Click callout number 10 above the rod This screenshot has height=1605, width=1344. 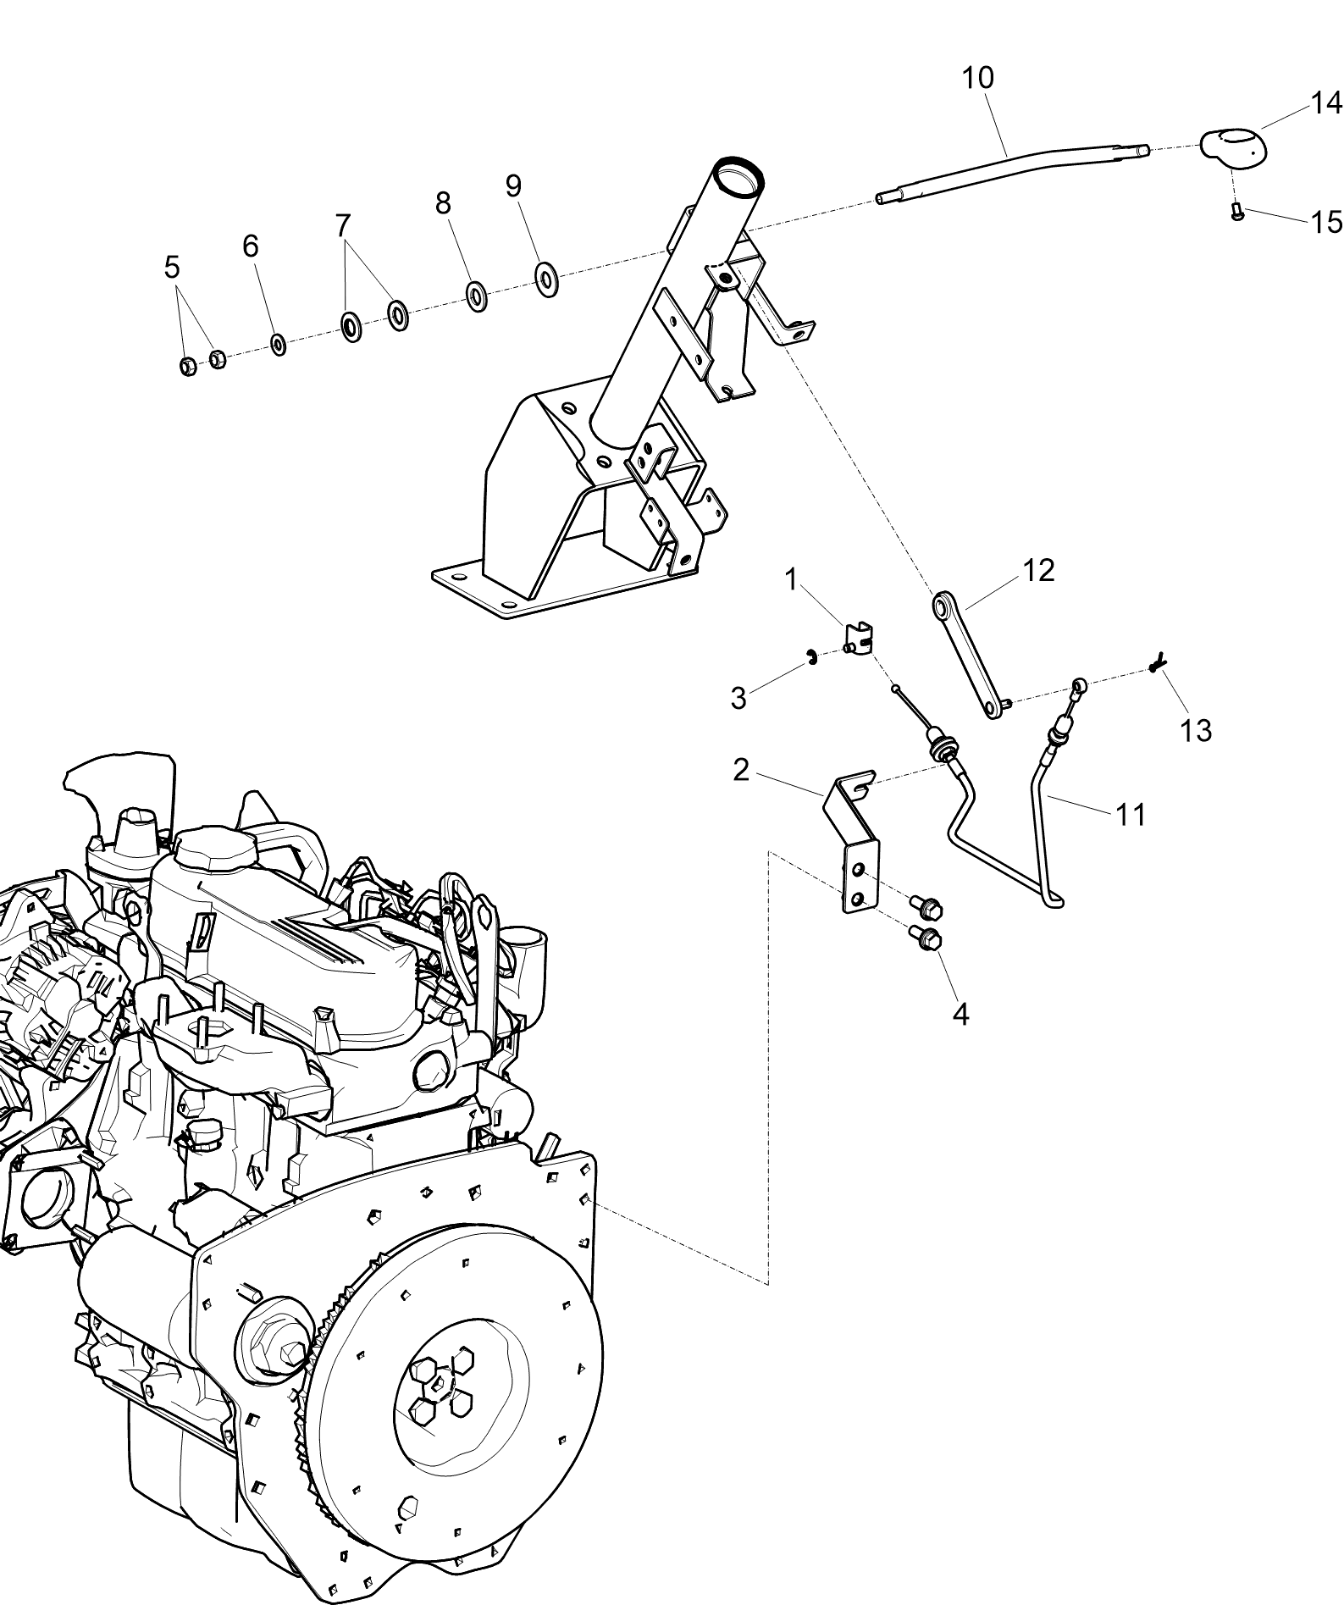tap(977, 78)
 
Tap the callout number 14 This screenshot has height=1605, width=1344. tap(1325, 102)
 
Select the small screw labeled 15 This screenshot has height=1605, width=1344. tap(1236, 212)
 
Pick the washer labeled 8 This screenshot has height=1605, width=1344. tap(476, 296)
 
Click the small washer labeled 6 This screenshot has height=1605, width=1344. tap(278, 344)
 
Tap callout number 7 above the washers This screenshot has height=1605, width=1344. tap(342, 225)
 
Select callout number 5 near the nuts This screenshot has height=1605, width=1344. tap(172, 268)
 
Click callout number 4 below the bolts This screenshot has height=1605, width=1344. tap(960, 1014)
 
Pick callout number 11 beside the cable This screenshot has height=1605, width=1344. tap(1131, 815)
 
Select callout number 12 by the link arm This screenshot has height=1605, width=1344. tap(1039, 571)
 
